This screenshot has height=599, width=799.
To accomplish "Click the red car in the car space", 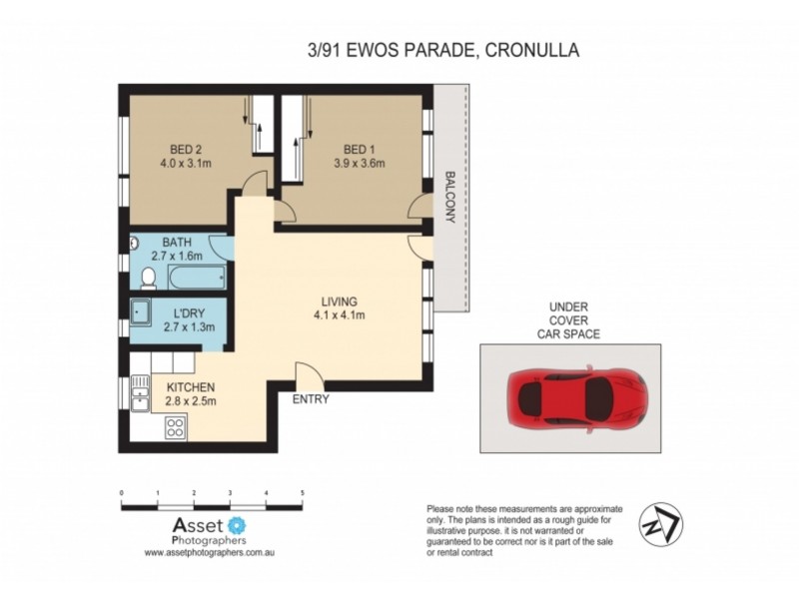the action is [577, 398].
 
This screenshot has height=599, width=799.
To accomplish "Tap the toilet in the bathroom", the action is [148, 279].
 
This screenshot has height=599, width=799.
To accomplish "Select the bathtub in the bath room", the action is [197, 279].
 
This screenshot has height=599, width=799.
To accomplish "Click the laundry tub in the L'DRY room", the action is [141, 312].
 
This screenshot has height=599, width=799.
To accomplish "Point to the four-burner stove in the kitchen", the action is [176, 427].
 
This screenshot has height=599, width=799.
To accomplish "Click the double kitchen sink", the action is [140, 393].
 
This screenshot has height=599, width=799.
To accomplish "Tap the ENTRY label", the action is [311, 399].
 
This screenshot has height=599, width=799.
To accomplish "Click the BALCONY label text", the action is [450, 197].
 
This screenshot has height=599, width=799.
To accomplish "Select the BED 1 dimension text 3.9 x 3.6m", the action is [360, 164].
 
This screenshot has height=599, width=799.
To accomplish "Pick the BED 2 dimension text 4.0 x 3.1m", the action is [186, 164].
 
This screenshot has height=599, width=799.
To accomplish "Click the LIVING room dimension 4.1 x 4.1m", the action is [340, 314].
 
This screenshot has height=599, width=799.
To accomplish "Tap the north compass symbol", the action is [661, 525].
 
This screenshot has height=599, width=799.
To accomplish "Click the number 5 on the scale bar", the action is [303, 493].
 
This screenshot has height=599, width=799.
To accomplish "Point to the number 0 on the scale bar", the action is [121, 493].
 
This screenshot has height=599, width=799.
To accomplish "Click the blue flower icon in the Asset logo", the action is [237, 525].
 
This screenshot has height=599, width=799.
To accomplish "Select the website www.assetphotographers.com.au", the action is [210, 552].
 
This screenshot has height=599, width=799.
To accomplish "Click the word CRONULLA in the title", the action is [532, 50].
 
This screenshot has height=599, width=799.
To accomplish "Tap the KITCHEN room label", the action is [191, 387].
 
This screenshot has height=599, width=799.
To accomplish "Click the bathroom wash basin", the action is [135, 244].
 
